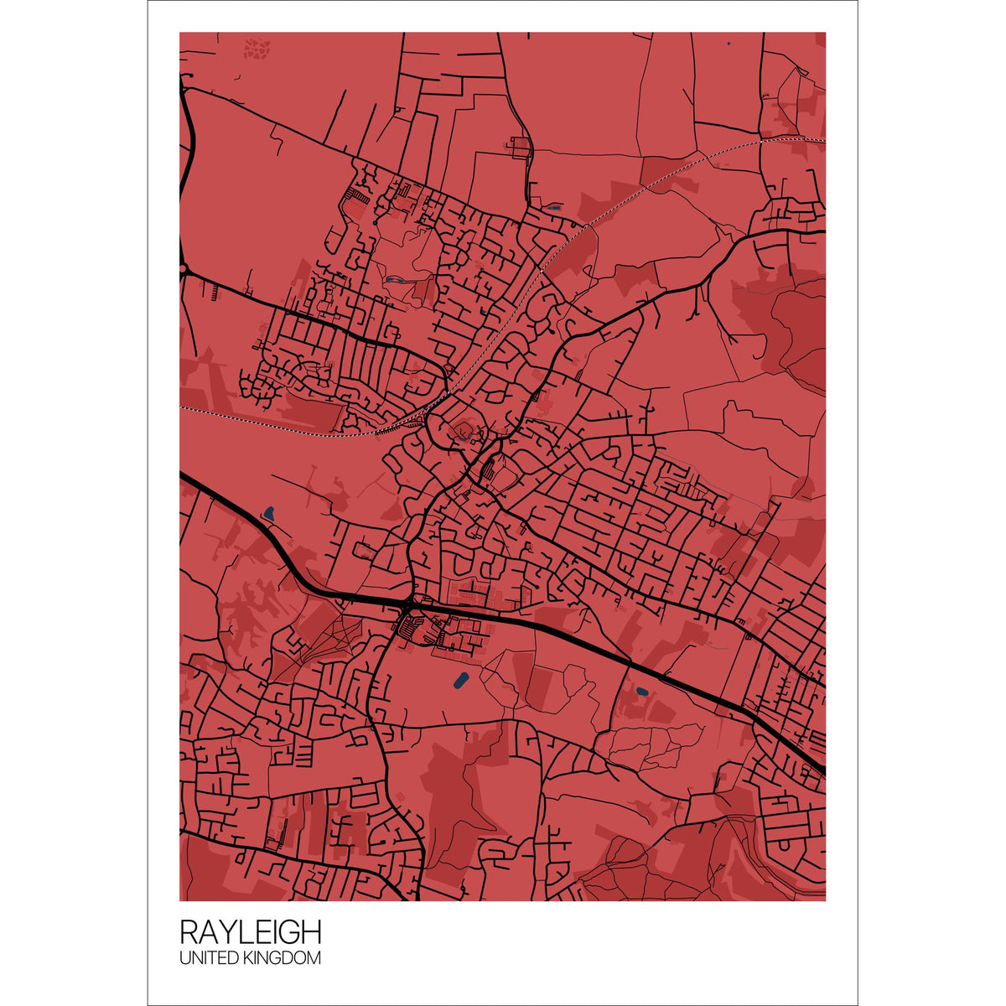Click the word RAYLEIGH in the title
coord(250,932)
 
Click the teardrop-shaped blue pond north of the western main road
coord(268,511)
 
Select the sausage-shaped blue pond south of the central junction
coord(459,680)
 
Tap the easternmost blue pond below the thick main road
coord(641,692)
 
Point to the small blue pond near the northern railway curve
coord(552,207)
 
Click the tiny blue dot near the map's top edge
coord(729,43)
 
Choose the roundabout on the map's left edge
coord(182,269)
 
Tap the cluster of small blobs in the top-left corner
coord(257,48)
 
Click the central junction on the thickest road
coord(408,603)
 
